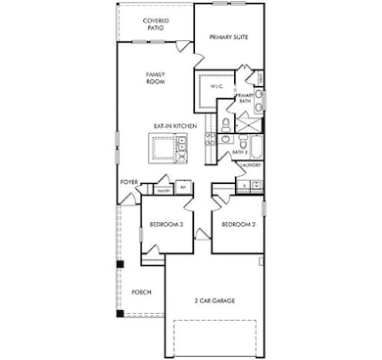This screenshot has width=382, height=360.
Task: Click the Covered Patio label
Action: tap(155, 23)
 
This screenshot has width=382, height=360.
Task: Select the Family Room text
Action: tap(155, 77)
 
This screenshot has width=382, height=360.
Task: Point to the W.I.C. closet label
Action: tap(217, 87)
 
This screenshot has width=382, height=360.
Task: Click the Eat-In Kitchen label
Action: tap(171, 125)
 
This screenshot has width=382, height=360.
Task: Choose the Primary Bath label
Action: tap(246, 98)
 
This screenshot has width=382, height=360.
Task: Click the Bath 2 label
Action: tap(238, 152)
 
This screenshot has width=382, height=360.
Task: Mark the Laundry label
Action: tap(250, 166)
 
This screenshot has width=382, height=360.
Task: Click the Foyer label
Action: tap(129, 182)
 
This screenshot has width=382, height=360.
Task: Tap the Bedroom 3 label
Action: tap(167, 225)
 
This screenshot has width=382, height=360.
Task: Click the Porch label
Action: tap(141, 292)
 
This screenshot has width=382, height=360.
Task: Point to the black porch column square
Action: tap(120, 264)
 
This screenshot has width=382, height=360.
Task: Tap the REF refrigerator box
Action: tap(182, 187)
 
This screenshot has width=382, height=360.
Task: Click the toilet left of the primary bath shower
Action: tap(225, 124)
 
